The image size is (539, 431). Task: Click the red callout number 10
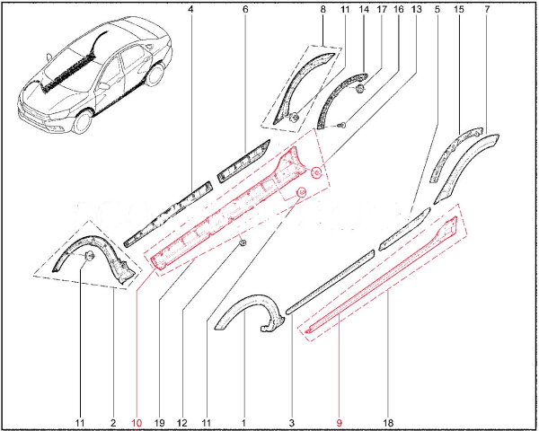(x=137, y=423)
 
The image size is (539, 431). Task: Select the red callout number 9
(x=340, y=423)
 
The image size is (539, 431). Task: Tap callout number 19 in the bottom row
(x=160, y=423)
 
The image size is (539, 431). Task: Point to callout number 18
(x=388, y=423)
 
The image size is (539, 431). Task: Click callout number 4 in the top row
(x=190, y=9)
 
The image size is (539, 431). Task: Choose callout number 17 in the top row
(x=382, y=9)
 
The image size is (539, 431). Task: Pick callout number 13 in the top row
(x=416, y=9)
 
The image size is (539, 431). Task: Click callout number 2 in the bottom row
(x=113, y=423)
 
